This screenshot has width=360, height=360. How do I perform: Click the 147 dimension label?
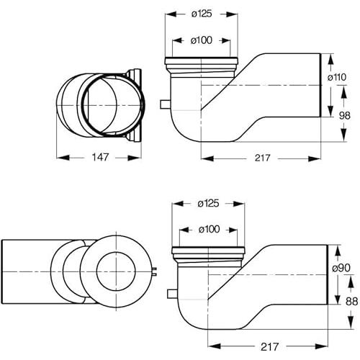coord(100,157)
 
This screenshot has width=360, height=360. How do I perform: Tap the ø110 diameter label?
coord(337,77)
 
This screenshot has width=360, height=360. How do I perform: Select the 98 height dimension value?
coord(345,116)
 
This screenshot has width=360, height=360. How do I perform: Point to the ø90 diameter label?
coord(341,268)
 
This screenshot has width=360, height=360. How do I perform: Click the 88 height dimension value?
coord(351,302)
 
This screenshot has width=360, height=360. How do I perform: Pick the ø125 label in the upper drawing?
coord(202,14)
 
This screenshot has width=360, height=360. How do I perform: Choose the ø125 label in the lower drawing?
coord(208,204)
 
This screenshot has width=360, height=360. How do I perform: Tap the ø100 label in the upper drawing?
coord(202,40)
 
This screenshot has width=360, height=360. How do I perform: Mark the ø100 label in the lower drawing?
coord(209,230)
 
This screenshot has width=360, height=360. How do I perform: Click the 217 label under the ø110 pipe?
coord(262,158)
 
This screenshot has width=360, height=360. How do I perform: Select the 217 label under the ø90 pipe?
coord(269,346)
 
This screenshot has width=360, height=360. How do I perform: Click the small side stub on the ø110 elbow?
coord(165,104)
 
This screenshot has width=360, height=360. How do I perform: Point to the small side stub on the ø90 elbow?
coord(172,294)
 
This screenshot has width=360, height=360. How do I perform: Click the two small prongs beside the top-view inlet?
coord(154,271)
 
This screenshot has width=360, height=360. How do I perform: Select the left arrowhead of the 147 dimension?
coord(63,158)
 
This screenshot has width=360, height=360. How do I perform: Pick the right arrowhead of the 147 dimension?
coord(135,158)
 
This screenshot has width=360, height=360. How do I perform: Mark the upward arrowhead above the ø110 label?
coord(330,60)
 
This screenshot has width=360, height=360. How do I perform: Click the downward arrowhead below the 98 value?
coord(344,135)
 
